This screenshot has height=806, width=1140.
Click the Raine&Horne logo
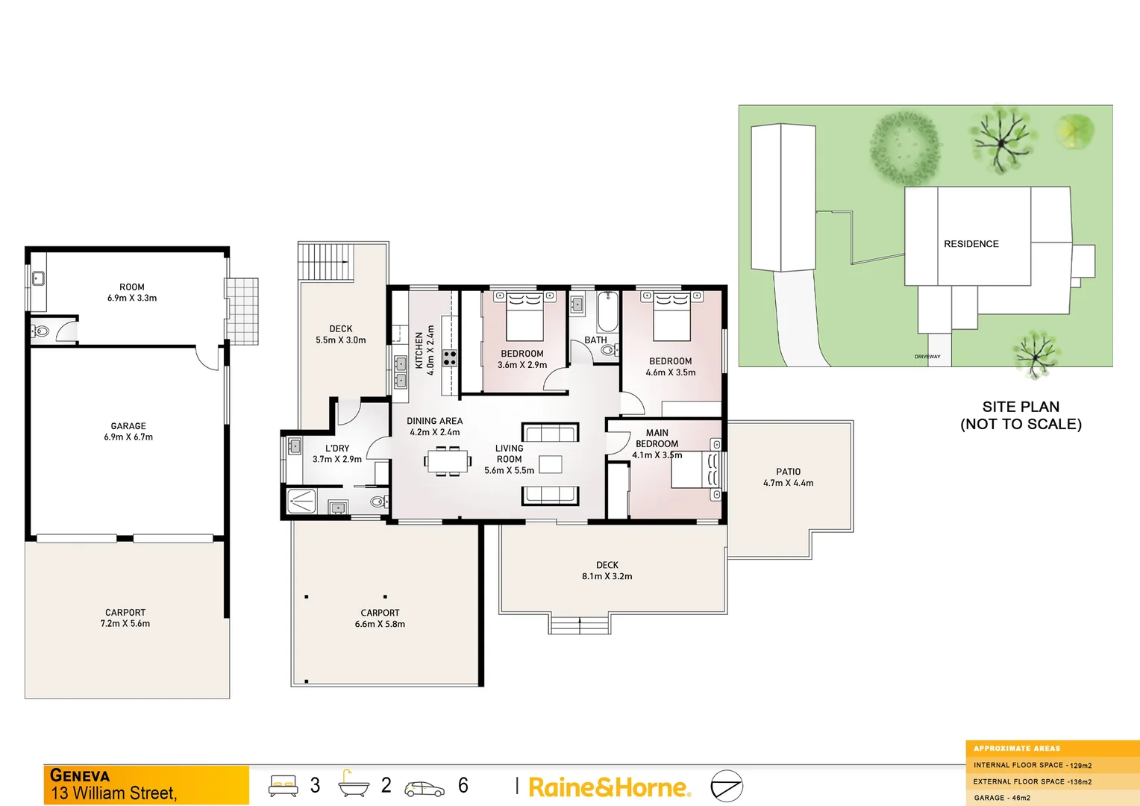click(x=609, y=787)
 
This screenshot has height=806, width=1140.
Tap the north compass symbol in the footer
click(x=726, y=787)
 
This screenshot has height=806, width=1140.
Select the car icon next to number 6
click(x=424, y=788)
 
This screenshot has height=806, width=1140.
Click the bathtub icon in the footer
click(x=353, y=784)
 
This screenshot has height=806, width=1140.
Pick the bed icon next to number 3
click(x=284, y=785)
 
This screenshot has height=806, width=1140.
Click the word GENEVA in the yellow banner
click(x=80, y=775)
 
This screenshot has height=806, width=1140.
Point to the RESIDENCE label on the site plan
click(x=971, y=244)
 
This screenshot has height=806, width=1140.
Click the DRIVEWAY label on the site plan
click(x=927, y=357)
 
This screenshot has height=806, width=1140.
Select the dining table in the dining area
click(x=448, y=461)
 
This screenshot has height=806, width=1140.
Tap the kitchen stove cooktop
click(x=450, y=358)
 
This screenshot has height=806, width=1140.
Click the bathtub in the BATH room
click(x=607, y=312)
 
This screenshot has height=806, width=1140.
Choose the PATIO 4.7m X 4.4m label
click(x=788, y=478)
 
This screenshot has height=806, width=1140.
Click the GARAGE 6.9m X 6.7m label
click(x=128, y=431)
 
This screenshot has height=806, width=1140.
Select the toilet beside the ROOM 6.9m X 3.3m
click(x=41, y=331)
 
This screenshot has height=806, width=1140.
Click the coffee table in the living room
click(x=551, y=464)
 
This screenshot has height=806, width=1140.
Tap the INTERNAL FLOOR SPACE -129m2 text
click(x=1032, y=765)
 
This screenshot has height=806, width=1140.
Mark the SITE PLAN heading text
click(x=1021, y=407)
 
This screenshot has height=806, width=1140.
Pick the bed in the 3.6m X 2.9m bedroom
click(x=524, y=316)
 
